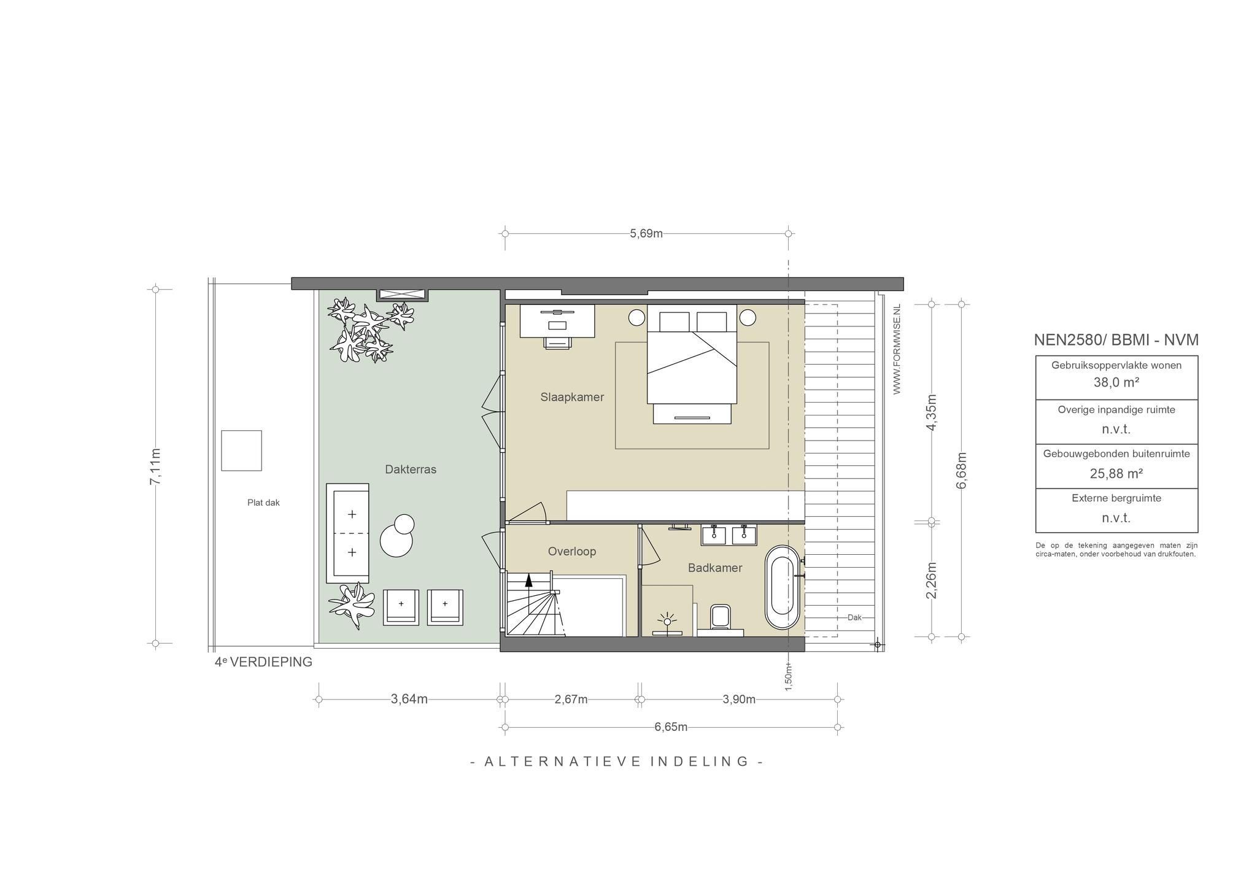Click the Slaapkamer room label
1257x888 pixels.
[572, 397]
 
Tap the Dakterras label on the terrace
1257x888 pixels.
[411, 469]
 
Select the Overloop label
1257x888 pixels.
[572, 552]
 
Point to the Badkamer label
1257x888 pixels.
[715, 568]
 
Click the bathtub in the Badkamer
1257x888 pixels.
[783, 587]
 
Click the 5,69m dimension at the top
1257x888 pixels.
[646, 234]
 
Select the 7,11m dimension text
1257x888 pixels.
[155, 466]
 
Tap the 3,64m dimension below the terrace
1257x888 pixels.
[409, 699]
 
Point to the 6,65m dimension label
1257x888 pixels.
[671, 727]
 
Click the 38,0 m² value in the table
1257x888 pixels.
[1116, 382]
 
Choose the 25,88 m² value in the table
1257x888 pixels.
[1116, 473]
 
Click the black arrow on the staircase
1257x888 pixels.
[528, 581]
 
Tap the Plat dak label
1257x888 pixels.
[263, 503]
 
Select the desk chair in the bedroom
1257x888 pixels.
[557, 342]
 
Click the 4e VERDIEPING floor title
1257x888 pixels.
[263, 663]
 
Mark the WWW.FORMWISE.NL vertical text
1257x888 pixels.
[897, 349]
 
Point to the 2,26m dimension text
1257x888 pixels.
[931, 581]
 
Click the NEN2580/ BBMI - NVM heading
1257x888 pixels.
[1116, 340]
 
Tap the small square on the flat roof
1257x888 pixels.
[241, 450]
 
